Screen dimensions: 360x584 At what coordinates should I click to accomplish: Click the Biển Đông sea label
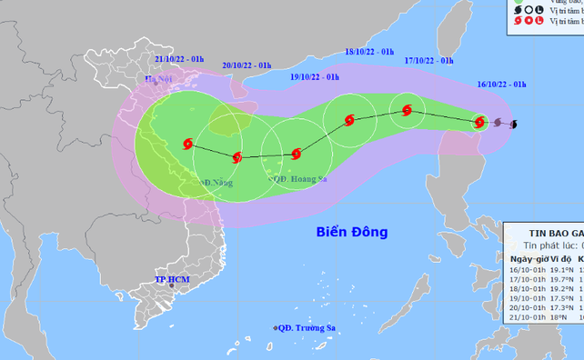click(x=353, y=232)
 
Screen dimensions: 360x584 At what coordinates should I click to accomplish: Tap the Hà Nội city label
click(x=158, y=80)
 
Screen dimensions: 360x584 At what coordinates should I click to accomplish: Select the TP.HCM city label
click(x=174, y=280)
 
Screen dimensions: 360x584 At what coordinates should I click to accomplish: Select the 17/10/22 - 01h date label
click(x=428, y=60)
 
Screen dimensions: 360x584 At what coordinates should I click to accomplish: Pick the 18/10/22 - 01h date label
click(x=369, y=53)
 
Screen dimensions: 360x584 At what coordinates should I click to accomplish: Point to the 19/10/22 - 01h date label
click(x=316, y=77)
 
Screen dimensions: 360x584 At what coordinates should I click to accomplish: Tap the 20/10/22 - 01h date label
click(x=247, y=65)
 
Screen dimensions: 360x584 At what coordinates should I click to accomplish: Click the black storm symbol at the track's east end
click(x=514, y=124)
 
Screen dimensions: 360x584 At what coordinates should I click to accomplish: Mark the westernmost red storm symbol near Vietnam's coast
click(x=187, y=143)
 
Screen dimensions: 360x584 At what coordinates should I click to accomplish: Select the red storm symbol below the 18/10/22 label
click(x=350, y=119)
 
